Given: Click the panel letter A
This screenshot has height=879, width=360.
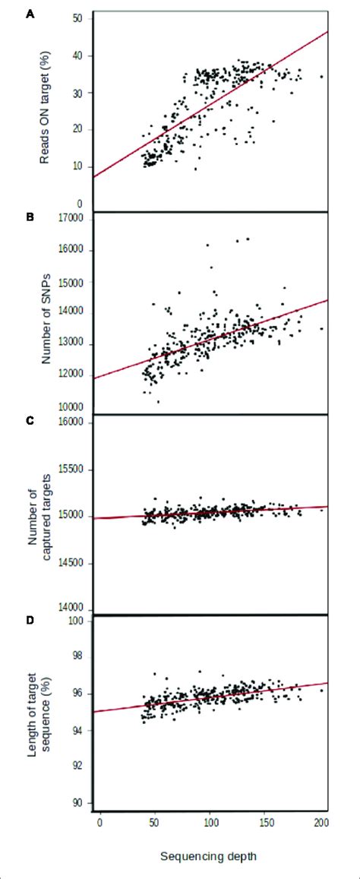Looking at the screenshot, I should tap(10, 14).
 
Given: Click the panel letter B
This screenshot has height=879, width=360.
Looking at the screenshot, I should tap(10, 218).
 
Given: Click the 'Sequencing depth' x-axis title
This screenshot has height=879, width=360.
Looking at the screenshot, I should tap(208, 856).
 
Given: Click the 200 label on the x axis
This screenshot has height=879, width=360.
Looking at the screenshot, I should tap(321, 822).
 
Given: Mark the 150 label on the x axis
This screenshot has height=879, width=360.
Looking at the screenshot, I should tap(266, 822).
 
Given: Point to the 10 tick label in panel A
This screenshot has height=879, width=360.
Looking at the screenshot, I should tap(77, 167).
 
